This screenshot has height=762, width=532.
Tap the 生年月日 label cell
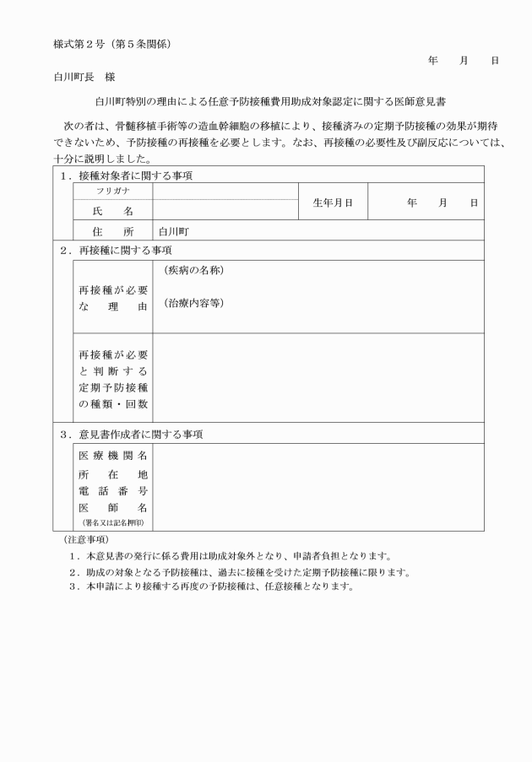[x=333, y=203]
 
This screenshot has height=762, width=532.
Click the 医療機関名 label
[x=112, y=456]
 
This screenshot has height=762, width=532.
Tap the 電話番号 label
[x=112, y=490]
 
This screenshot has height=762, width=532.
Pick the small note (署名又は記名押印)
[x=112, y=523]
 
